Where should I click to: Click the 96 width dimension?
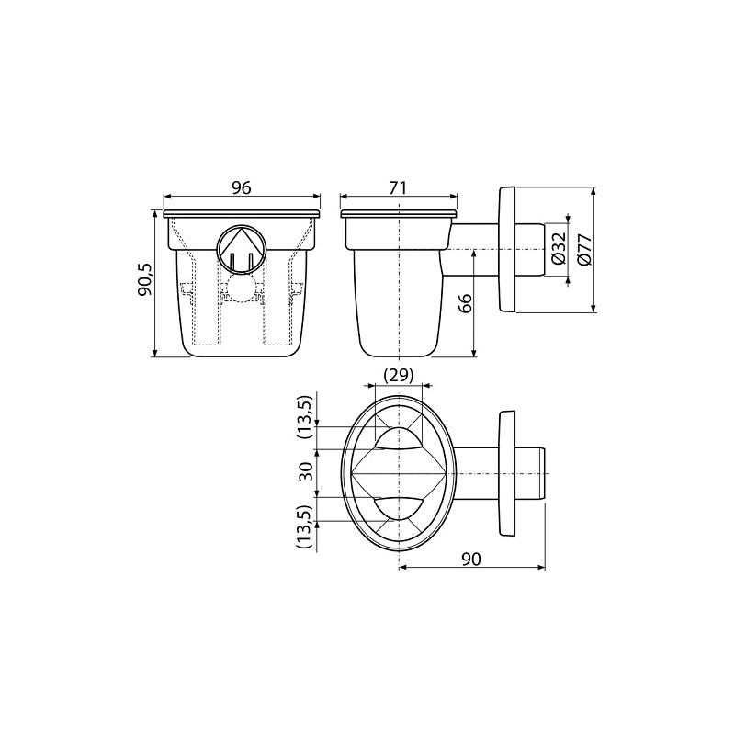pos(242,187)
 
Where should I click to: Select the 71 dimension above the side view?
pos(398,187)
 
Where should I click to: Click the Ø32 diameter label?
pos(558,249)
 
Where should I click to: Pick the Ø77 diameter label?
pos(584,250)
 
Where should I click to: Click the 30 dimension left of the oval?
pos(307,471)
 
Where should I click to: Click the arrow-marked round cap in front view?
pos(242,248)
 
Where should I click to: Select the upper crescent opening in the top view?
pos(399,439)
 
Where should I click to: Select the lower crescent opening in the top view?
pos(399,504)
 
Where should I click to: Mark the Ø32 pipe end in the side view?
pos(532,249)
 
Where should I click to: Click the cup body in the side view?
pos(399,294)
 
